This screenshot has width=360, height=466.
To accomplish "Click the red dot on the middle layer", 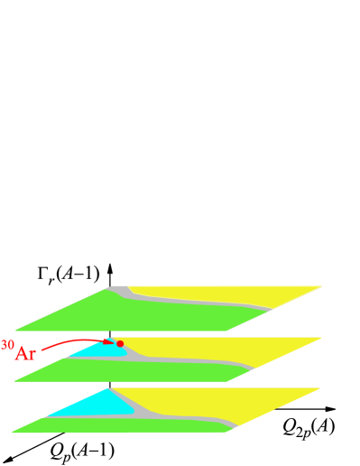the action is pyautogui.click(x=120, y=343).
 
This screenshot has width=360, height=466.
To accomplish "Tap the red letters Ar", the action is pyautogui.click(x=25, y=353).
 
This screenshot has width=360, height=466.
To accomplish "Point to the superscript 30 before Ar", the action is pyautogui.click(x=7, y=345).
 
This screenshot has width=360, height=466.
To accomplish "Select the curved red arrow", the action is pyautogui.click(x=72, y=342).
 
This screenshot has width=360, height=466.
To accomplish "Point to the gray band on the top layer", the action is pyautogui.click(x=198, y=302).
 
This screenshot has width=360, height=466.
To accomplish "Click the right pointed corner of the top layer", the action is pyautogui.click(x=319, y=287).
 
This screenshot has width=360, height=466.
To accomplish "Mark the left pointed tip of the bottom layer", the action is pyautogui.click(x=14, y=432).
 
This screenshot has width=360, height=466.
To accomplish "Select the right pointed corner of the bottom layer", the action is pyautogui.click(x=318, y=389).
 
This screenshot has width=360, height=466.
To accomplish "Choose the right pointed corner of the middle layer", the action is pyautogui.click(x=319, y=339).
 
